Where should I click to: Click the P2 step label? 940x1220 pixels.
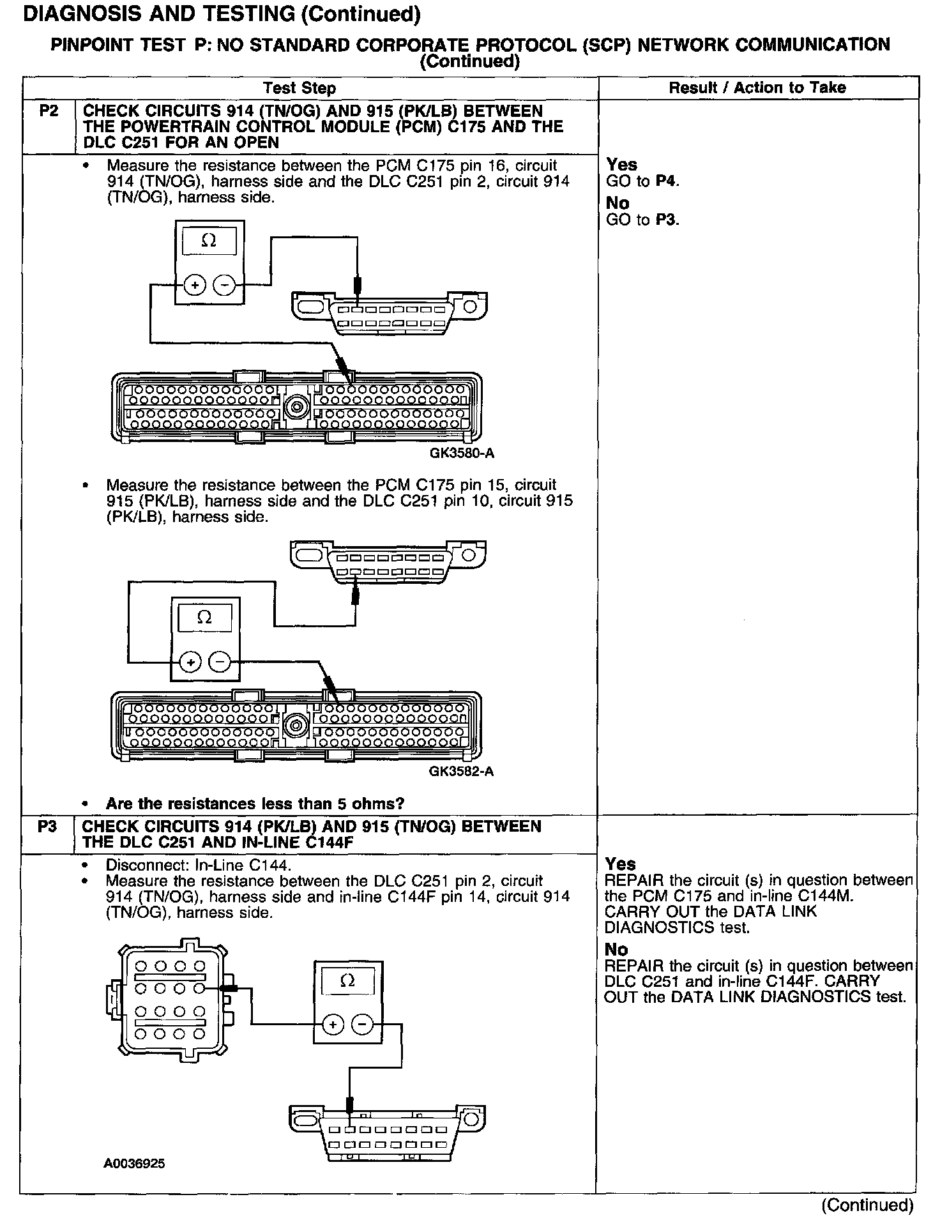tap(49, 111)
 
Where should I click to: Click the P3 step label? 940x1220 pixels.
tap(47, 827)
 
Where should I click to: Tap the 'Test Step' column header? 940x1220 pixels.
tap(299, 88)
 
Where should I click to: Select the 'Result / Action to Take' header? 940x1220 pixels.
tap(757, 88)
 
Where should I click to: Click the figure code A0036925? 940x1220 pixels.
tap(134, 1164)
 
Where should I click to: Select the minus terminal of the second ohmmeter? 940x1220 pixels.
tap(220, 663)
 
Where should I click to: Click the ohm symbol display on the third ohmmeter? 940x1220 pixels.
tap(347, 980)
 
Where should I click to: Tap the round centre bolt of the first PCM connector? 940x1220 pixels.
tap(296, 406)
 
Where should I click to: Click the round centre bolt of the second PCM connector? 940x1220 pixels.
tap(296, 724)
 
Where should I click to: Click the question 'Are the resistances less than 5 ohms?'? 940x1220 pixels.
tap(255, 804)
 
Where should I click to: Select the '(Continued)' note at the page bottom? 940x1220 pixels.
tap(867, 1205)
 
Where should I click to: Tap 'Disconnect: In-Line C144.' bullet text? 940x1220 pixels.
tap(198, 865)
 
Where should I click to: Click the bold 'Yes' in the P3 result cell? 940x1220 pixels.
tap(620, 864)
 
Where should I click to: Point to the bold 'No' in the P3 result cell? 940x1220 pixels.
tap(616, 950)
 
